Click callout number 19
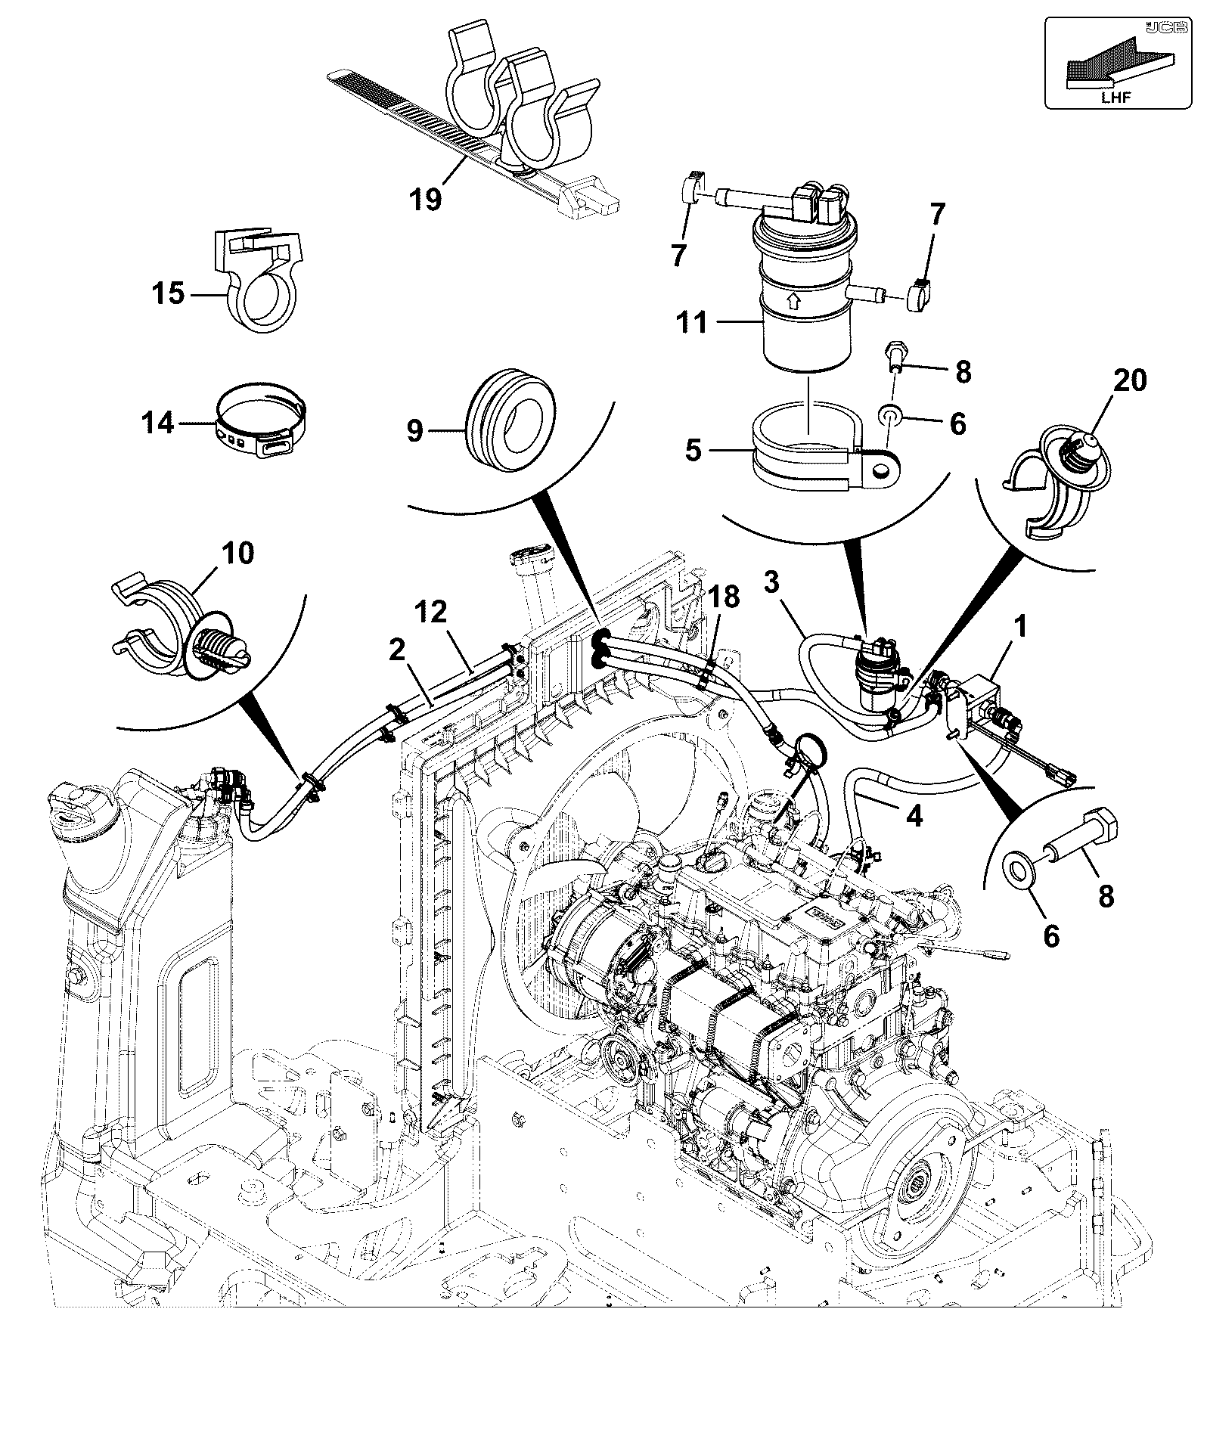pos(426,200)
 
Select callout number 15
pos(168,293)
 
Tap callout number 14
pos(159,423)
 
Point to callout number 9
pos(414,432)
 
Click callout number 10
pos(238,554)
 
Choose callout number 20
pos(1130,380)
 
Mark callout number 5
pos(693,451)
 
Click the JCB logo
pos(1158,27)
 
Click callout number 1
pos(1020,627)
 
